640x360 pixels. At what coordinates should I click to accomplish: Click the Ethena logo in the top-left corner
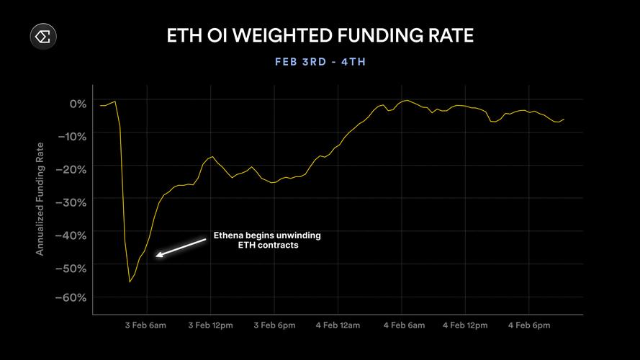pyautogui.click(x=43, y=36)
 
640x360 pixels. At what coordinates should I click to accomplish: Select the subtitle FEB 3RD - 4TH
pyautogui.click(x=320, y=62)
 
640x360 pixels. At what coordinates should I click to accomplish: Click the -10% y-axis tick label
pyautogui.click(x=73, y=136)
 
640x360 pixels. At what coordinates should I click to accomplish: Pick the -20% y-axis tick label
pyautogui.click(x=73, y=169)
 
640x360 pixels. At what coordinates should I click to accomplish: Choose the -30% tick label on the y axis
pyautogui.click(x=73, y=202)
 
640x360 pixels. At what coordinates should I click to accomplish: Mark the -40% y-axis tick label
pyautogui.click(x=73, y=235)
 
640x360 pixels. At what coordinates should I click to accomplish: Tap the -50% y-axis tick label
pyautogui.click(x=73, y=268)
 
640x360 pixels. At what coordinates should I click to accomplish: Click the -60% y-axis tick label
pyautogui.click(x=73, y=298)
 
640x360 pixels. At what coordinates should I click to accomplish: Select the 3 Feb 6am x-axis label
pyautogui.click(x=147, y=325)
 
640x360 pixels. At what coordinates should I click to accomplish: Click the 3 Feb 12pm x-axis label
pyautogui.click(x=210, y=325)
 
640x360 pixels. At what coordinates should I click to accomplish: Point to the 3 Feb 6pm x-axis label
pyautogui.click(x=274, y=325)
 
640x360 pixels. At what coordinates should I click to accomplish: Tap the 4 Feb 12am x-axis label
pyautogui.click(x=338, y=325)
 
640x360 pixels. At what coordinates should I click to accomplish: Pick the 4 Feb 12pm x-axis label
pyautogui.click(x=465, y=325)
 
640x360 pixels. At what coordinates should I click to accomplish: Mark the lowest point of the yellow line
pyautogui.click(x=130, y=282)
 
